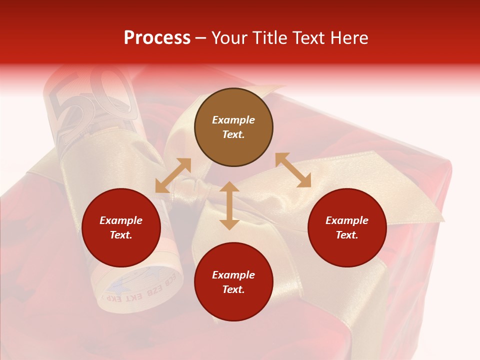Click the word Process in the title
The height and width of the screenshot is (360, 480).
pos(157,38)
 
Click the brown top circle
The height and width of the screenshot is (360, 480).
pos(233,127)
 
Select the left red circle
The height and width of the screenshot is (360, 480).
pos(121,227)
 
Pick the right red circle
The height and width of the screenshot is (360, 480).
pos(347,227)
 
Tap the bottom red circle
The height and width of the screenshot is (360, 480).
pos(233,282)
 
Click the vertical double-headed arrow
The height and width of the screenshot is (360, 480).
pos(229,205)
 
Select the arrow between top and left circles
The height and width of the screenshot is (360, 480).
pos(173,175)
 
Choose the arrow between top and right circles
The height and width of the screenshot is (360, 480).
pos(293,170)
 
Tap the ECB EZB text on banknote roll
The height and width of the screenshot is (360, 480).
pos(150,285)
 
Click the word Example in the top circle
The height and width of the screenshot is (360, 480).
pos(233,120)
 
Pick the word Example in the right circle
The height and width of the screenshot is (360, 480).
pos(347,220)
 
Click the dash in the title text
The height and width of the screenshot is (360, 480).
pos(200,38)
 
